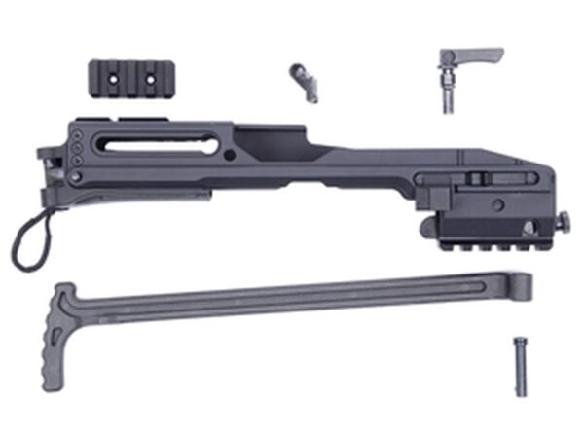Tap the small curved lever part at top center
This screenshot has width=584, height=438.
coord(304,82)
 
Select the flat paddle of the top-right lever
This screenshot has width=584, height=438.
coord(477,54)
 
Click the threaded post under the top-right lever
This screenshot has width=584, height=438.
coord(448,92)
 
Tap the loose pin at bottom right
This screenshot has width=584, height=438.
coord(519,365)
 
